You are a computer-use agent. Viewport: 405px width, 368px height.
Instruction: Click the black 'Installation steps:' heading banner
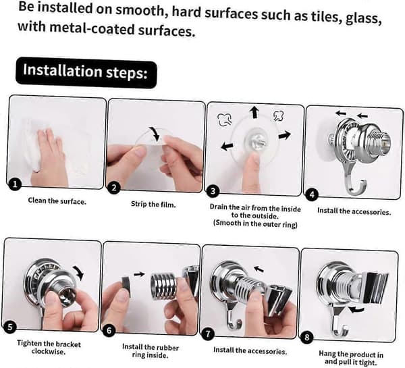[x=86, y=73]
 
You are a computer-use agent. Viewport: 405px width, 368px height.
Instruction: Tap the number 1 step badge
[x=15, y=184]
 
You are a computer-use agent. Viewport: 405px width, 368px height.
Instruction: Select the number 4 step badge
[x=312, y=194]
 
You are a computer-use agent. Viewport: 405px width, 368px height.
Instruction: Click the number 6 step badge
[x=109, y=331]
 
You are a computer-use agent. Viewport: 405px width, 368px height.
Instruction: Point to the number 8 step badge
[x=307, y=337]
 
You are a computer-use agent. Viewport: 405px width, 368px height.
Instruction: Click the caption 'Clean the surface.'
[x=57, y=201]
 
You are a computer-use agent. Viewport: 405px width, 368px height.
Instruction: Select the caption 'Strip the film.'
[x=153, y=205]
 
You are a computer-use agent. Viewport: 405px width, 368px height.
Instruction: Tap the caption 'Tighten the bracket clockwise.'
[x=49, y=347]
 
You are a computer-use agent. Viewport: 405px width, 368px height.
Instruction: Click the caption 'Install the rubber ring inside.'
[x=151, y=351]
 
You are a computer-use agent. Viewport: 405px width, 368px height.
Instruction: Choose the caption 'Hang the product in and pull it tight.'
[x=351, y=358]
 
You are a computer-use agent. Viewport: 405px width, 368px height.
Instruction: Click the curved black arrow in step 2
[x=157, y=133]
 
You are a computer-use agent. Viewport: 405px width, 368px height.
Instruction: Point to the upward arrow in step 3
[x=254, y=112]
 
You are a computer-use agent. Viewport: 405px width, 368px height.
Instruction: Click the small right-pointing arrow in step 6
[x=139, y=274]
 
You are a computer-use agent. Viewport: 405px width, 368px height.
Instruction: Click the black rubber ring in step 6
[x=126, y=286]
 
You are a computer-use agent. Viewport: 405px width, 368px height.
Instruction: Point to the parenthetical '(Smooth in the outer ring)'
[x=255, y=224]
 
